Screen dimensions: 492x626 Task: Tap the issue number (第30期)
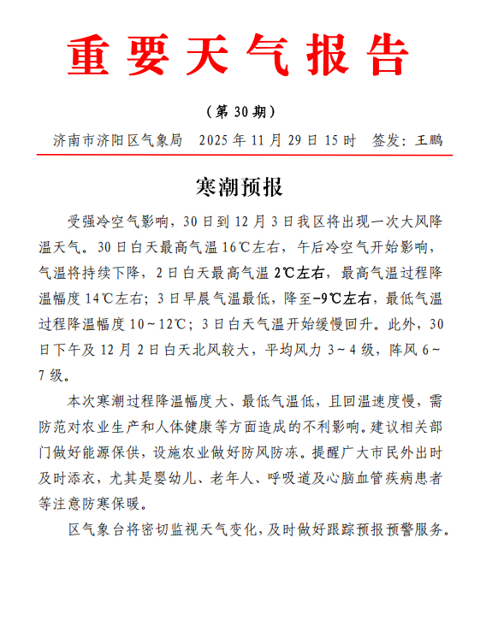[240, 111]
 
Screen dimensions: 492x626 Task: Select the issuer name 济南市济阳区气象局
[117, 139]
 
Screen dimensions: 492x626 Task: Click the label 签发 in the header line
[386, 139]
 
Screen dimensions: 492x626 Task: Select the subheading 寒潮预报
[239, 186]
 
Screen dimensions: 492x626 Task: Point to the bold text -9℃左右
[342, 298]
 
